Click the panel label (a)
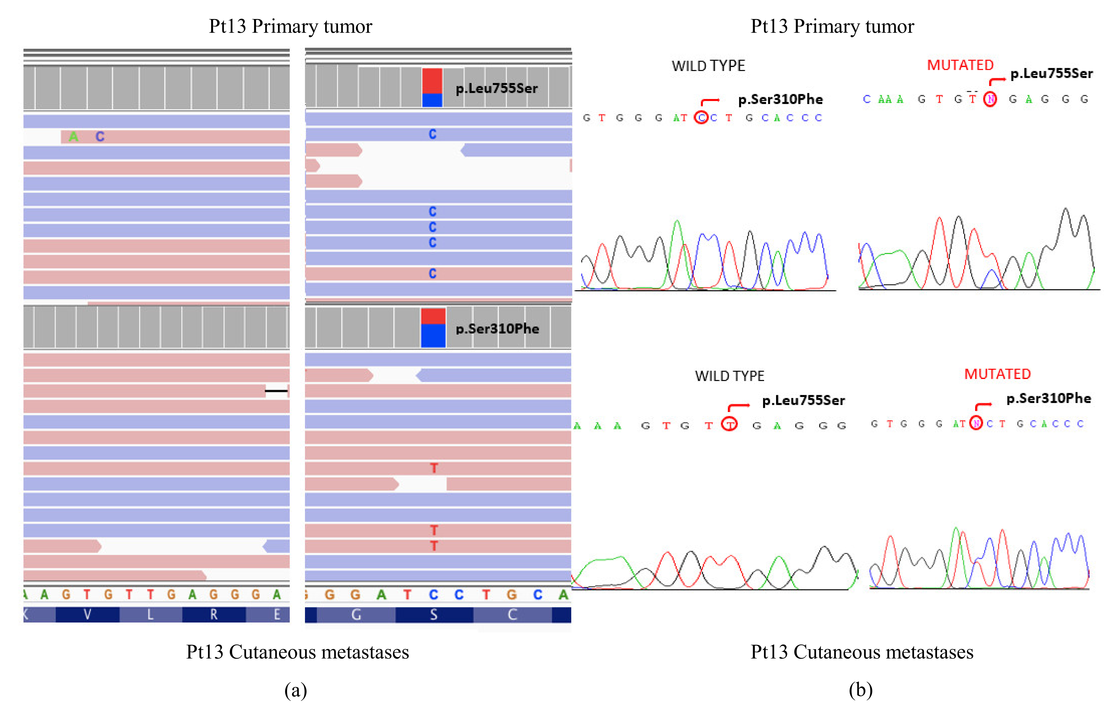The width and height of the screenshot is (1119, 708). point(295,690)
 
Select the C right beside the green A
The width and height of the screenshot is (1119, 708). point(100,136)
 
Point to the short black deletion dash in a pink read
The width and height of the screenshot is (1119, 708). point(276,391)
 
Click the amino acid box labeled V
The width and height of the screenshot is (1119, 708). point(87,614)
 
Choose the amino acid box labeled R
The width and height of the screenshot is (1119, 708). point(214,614)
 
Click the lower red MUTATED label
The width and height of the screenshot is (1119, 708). point(997,374)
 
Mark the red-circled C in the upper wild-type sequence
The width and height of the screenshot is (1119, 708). point(701,118)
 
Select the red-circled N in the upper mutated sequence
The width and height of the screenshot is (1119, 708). point(990,99)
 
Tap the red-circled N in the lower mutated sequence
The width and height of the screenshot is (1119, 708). point(976,423)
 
